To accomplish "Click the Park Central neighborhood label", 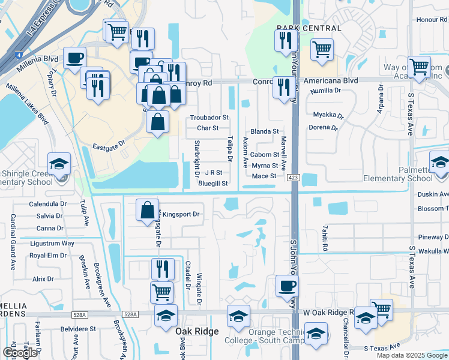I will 309,28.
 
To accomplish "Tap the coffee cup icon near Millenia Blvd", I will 74,58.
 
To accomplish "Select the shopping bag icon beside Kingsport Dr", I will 147,211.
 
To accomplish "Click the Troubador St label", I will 209,118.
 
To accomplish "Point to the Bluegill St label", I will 213,184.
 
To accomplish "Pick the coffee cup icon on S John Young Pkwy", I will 286,286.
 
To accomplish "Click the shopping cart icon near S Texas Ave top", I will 418,67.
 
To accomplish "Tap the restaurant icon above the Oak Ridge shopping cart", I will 162,269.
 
